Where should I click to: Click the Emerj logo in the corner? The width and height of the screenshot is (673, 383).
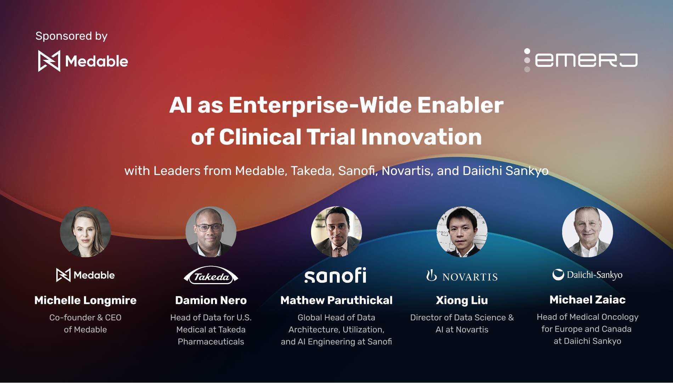[581, 60]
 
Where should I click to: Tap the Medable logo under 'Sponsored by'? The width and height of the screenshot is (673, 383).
[83, 61]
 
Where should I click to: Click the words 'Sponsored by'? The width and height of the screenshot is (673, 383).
[71, 36]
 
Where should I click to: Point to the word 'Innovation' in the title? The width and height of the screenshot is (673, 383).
[421, 137]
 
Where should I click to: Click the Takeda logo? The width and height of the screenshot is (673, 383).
[211, 276]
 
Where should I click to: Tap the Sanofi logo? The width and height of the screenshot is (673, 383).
[335, 275]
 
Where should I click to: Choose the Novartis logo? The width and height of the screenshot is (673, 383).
[462, 276]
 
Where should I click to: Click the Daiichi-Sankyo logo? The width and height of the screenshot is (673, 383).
[587, 275]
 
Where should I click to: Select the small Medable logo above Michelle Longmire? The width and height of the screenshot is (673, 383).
[85, 275]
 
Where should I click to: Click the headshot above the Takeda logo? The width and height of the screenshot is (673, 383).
[211, 232]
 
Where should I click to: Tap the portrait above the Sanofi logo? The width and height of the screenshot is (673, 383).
[336, 232]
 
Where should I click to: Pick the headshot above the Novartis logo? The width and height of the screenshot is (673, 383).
[462, 232]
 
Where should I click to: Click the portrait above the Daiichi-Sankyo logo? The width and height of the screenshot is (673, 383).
[587, 232]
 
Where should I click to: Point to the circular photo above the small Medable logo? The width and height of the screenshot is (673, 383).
[85, 232]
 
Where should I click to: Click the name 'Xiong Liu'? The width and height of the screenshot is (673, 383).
[462, 300]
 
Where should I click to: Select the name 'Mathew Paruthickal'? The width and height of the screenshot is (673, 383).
[336, 300]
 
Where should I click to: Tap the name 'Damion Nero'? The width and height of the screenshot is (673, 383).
[211, 300]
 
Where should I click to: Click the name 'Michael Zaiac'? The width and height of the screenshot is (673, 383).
[587, 300]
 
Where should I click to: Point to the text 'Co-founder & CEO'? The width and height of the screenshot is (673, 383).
[85, 317]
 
